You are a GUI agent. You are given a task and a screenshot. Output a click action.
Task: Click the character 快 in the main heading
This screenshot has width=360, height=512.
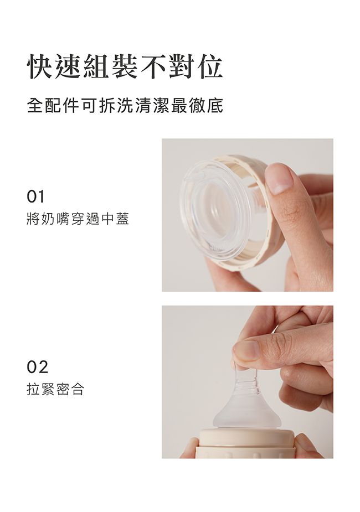[42, 67]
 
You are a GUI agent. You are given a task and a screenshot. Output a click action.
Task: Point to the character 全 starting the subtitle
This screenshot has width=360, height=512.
[34, 106]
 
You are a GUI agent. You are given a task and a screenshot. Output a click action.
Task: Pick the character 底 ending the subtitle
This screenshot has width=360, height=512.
[216, 106]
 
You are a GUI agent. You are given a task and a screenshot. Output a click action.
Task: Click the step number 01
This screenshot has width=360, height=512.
[36, 196]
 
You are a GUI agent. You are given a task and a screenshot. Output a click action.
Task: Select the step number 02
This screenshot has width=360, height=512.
[37, 366]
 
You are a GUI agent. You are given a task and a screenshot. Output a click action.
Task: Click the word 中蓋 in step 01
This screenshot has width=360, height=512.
[115, 220]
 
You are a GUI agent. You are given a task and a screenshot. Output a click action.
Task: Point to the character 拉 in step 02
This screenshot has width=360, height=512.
[33, 390]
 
